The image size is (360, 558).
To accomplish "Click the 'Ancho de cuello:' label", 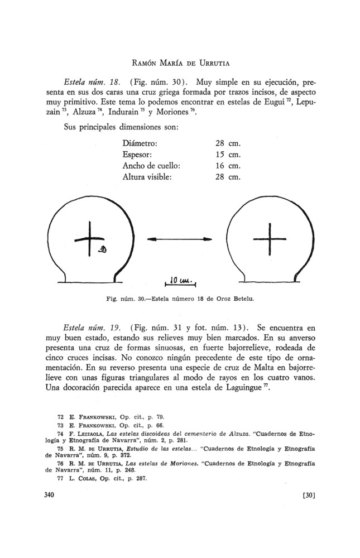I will click(x=152, y=166).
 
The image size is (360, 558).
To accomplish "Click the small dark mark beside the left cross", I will click(x=102, y=249).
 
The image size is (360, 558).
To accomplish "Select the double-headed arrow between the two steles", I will click(x=180, y=239).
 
